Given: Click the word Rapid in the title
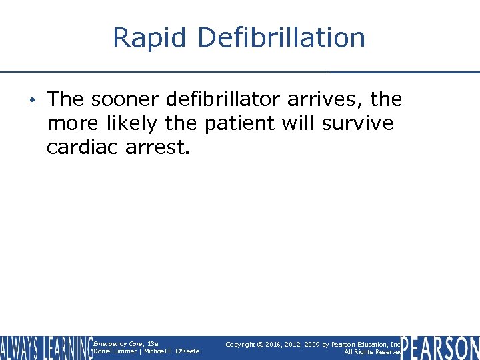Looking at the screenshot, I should click(x=149, y=38).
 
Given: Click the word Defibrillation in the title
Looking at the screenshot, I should click(x=281, y=38).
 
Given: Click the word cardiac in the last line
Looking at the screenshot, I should click(x=83, y=147).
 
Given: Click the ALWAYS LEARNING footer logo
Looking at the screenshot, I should click(x=45, y=348).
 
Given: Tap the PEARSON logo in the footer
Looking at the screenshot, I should click(x=440, y=348).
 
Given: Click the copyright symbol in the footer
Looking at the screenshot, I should click(x=262, y=344).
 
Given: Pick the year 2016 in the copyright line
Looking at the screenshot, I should click(x=274, y=344).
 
